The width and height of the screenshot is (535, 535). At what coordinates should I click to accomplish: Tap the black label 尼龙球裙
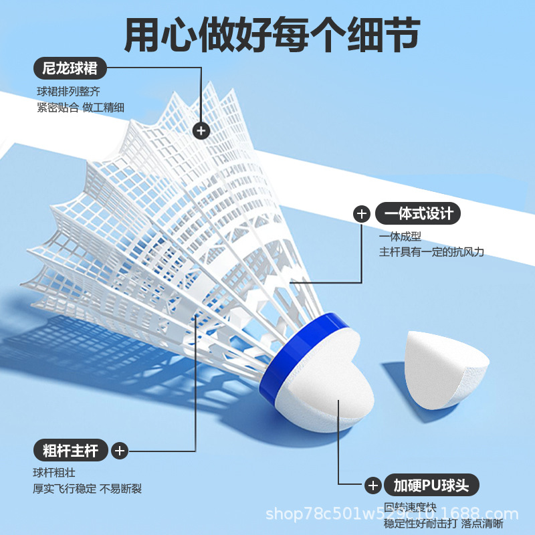pos(70,68)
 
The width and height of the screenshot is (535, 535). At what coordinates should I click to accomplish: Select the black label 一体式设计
pos(419,213)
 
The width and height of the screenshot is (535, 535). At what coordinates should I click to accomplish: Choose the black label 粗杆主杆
pos(70,451)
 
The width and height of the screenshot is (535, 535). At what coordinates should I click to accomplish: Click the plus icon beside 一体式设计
pos(361,214)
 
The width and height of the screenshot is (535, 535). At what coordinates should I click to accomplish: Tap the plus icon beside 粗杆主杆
pos(119,451)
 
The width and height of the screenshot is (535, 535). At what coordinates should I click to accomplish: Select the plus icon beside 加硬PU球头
pos(372,486)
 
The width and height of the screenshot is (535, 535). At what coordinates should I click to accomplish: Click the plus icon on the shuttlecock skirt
pos(201,130)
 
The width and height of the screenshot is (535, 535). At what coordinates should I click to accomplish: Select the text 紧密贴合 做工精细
pos(80,108)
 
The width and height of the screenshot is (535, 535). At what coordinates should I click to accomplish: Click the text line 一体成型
pos(401,237)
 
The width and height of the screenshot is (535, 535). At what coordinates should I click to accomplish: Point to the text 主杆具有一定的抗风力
pos(431,252)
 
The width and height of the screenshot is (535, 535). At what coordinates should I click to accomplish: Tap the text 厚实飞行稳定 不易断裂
pos(88,489)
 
